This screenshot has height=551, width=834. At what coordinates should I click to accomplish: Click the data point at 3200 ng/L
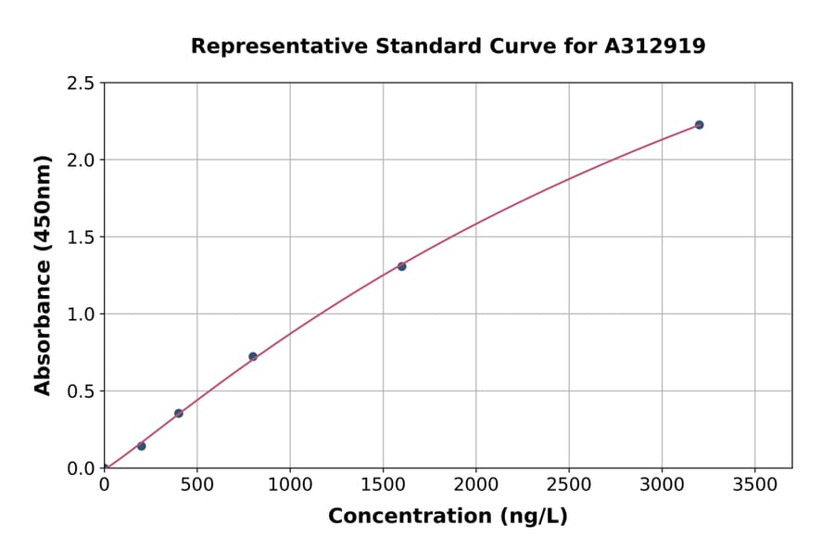699,124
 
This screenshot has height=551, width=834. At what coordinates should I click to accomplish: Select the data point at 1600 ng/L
401,266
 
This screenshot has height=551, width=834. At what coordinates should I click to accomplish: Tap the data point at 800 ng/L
253,356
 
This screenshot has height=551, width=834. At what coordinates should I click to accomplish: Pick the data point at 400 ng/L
179,414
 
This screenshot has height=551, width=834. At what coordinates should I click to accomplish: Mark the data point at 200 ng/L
142,446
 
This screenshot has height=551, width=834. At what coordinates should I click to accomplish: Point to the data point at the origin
104,468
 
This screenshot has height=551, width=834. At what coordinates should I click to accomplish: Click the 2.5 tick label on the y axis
82,83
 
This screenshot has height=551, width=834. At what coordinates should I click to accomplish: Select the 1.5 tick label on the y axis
82,237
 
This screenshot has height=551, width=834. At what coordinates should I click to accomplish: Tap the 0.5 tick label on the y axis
82,391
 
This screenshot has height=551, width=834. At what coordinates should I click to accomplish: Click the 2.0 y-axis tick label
82,160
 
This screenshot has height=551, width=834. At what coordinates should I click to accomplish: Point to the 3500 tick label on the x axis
754,484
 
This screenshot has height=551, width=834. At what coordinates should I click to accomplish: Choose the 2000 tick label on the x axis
475,484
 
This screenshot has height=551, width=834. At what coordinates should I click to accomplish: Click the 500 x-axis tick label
196,484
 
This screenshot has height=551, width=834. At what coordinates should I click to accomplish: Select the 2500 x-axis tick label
568,484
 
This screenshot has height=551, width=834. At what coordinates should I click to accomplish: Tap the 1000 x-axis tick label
290,484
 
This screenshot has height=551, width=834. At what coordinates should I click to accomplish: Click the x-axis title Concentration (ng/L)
448,517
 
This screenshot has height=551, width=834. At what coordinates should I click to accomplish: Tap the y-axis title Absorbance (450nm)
43,275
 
